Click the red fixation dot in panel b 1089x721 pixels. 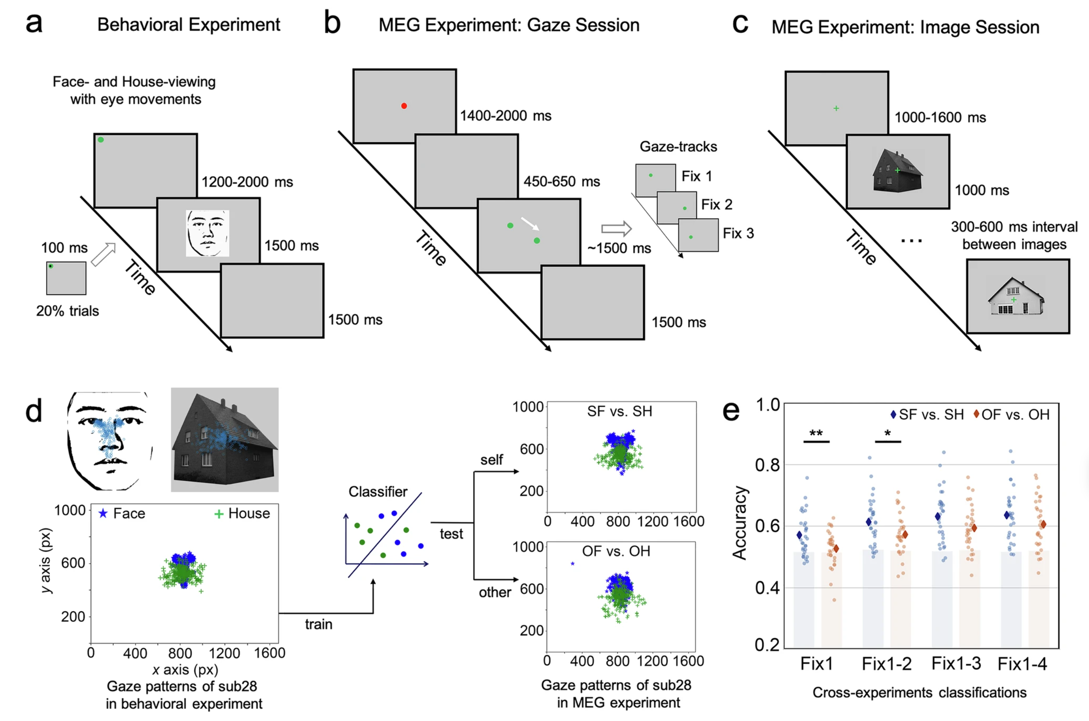click(x=403, y=106)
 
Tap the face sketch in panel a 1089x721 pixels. click(x=207, y=233)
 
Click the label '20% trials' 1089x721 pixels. click(x=68, y=311)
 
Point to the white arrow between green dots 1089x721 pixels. click(x=530, y=223)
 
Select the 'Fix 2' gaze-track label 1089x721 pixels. click(x=716, y=204)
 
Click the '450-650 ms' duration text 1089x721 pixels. click(x=561, y=182)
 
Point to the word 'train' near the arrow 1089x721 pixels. click(x=319, y=624)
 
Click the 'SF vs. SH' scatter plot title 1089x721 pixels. click(x=619, y=411)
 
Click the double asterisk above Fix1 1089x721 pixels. click(x=816, y=434)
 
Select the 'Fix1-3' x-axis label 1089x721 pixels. click(x=956, y=664)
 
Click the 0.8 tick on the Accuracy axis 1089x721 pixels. click(x=768, y=465)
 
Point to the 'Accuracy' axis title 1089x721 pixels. click(x=739, y=523)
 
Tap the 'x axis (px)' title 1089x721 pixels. click(x=185, y=669)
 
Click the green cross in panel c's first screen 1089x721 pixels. click(x=836, y=108)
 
